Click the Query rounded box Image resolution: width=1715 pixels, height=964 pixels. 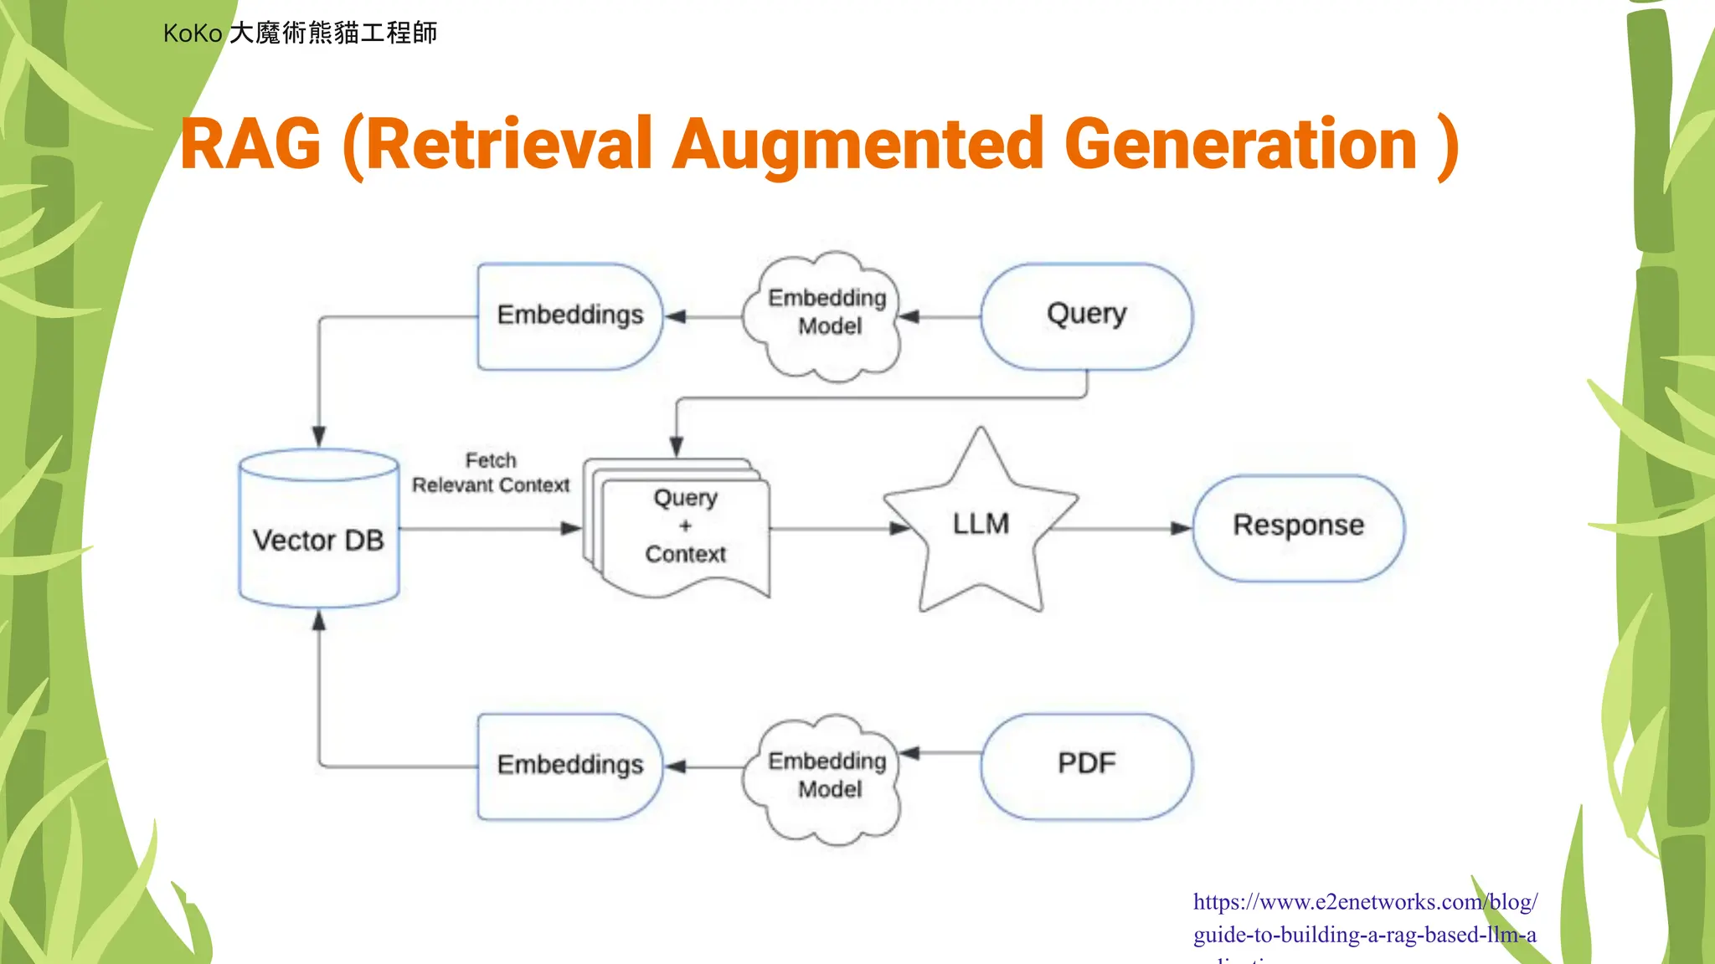[x=1086, y=315]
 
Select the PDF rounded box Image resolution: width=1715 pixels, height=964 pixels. [x=1086, y=764]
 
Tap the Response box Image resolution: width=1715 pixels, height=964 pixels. [x=1298, y=526]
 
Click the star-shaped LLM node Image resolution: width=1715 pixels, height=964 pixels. [x=981, y=526]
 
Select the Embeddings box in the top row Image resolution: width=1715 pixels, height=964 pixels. [x=569, y=315]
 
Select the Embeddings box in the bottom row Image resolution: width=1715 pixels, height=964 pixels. [x=569, y=765]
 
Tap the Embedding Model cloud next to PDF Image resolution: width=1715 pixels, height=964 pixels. [x=826, y=777]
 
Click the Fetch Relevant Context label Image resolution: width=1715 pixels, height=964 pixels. [x=491, y=474]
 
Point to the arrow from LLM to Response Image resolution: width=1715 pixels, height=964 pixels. [x=1122, y=528]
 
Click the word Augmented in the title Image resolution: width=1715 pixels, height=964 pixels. [x=859, y=144]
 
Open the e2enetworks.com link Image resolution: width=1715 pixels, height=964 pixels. [x=1364, y=918]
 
